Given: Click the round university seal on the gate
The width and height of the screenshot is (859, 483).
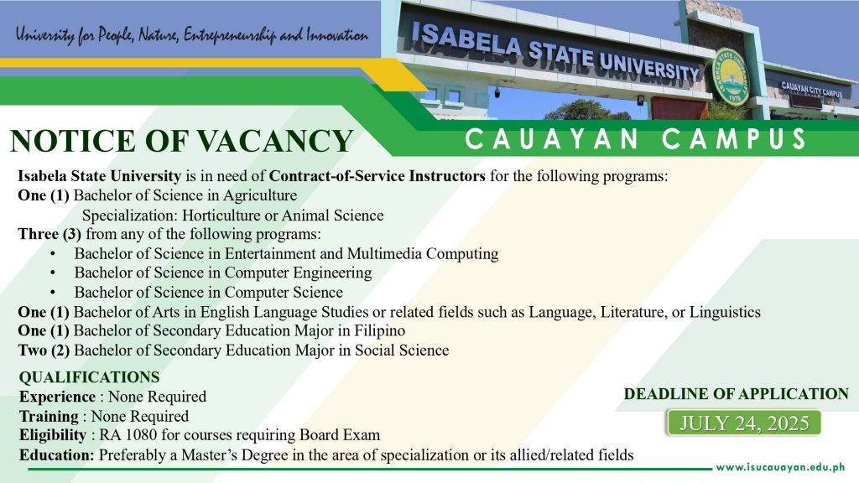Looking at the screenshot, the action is tap(731, 75).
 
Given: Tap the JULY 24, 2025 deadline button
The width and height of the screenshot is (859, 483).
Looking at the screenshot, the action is tap(744, 423).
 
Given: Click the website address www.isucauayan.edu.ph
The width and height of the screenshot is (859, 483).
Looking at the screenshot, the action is tap(781, 467).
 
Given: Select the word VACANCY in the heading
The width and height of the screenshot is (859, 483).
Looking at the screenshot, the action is tap(275, 141).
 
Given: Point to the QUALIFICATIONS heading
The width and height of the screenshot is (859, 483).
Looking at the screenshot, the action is tap(89, 377).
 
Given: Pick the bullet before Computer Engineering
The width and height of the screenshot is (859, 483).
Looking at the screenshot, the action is tap(53, 273).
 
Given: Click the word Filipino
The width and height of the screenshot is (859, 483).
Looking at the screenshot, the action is tap(380, 330).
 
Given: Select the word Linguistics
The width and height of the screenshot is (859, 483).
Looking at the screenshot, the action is tap(725, 312).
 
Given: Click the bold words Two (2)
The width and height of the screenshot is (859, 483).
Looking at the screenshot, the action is tap(44, 351).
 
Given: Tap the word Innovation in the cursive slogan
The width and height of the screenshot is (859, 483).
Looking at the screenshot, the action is tap(337, 36).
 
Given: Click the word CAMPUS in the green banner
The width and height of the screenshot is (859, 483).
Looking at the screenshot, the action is tap(734, 139).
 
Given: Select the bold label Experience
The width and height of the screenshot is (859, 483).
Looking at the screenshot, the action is tap(58, 397).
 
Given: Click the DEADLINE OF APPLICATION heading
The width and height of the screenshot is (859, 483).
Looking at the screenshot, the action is tap(737, 394).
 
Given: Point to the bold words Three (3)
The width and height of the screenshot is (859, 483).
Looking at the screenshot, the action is tap(49, 235).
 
